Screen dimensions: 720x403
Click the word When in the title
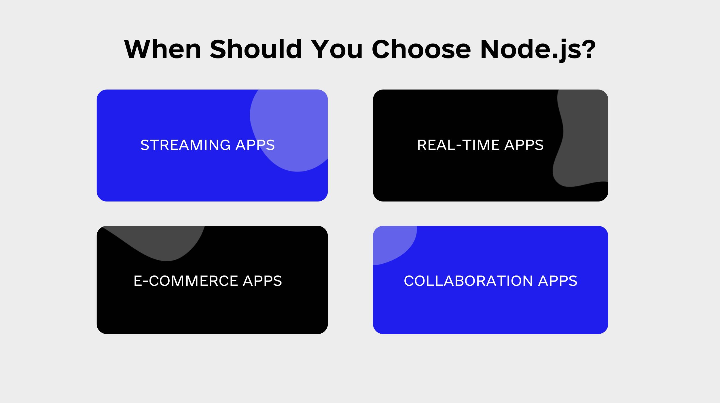click(162, 49)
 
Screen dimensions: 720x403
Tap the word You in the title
click(336, 49)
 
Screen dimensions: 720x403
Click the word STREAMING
click(185, 145)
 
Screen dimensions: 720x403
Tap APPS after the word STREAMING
click(255, 145)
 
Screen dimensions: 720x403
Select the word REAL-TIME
click(458, 145)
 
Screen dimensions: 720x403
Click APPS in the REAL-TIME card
click(524, 145)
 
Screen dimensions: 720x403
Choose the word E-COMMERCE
click(186, 281)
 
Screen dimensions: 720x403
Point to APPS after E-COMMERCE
click(262, 281)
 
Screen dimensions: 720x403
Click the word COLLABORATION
click(468, 281)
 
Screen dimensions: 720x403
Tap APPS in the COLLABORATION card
click(558, 281)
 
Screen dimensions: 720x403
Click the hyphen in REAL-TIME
click(459, 146)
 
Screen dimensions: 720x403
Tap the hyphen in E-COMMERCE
click(146, 282)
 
